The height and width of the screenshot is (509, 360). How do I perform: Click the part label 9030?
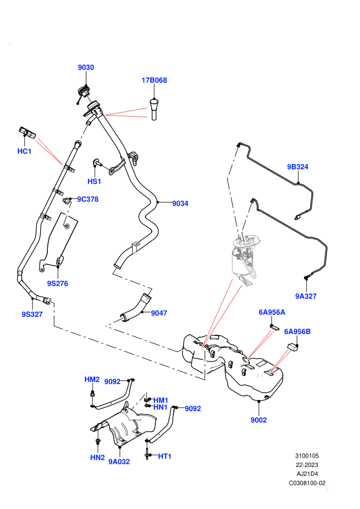[x=86, y=67]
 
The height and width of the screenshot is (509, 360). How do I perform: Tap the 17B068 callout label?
[x=154, y=80]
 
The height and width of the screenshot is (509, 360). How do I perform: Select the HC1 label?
[x=24, y=151]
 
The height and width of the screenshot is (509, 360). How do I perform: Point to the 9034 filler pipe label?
[x=180, y=204]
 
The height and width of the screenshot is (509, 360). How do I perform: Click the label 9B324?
[x=298, y=167]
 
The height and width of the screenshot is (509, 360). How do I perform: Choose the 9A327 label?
[x=306, y=296]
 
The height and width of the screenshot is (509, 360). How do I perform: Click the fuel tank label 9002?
[x=259, y=420]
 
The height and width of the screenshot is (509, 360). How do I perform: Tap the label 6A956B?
[x=297, y=332]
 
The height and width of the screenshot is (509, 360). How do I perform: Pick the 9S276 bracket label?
[x=58, y=284]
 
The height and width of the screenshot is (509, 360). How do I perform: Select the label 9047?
[x=159, y=313]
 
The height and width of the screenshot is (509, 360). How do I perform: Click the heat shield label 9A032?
[x=119, y=462]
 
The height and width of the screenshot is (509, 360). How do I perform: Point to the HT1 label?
[x=165, y=457]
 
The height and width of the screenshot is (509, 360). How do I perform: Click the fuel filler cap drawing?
[x=83, y=92]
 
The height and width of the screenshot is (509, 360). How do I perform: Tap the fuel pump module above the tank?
[x=244, y=258]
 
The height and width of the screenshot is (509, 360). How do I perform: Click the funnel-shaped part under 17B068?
[x=154, y=109]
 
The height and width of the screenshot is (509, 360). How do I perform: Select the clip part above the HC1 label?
[x=27, y=133]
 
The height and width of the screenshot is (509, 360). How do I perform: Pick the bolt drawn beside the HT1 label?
[x=147, y=452]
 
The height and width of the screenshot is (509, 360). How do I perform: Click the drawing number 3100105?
[x=307, y=456]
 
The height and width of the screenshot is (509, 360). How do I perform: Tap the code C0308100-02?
[x=307, y=483]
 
